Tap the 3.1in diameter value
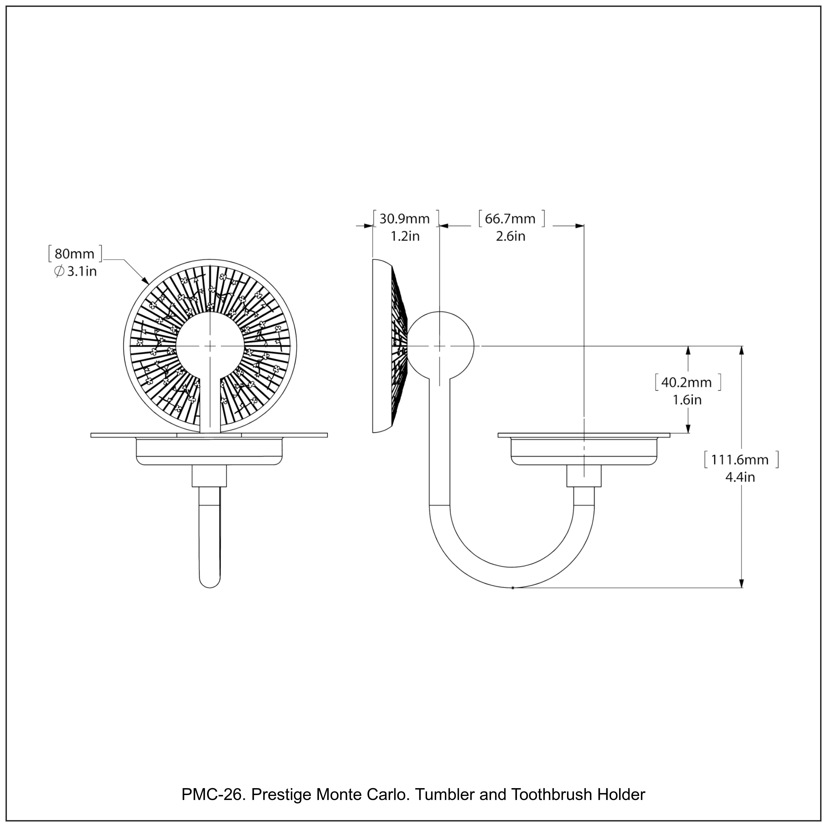(82, 271)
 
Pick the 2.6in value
(510, 236)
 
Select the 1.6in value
(687, 400)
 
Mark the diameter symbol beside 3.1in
(59, 271)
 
